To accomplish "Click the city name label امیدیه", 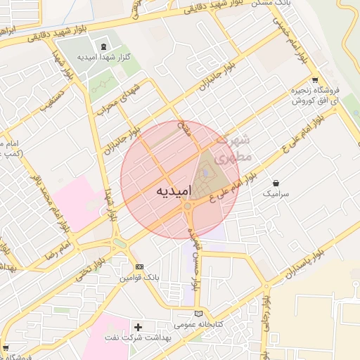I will [170, 191].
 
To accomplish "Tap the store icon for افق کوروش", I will [315, 80].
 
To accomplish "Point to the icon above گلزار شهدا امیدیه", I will [103, 45].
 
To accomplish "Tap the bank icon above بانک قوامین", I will [139, 267].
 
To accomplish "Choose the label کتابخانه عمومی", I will [198, 324].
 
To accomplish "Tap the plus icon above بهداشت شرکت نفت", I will [138, 327].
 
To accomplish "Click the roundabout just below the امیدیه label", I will [188, 207].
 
